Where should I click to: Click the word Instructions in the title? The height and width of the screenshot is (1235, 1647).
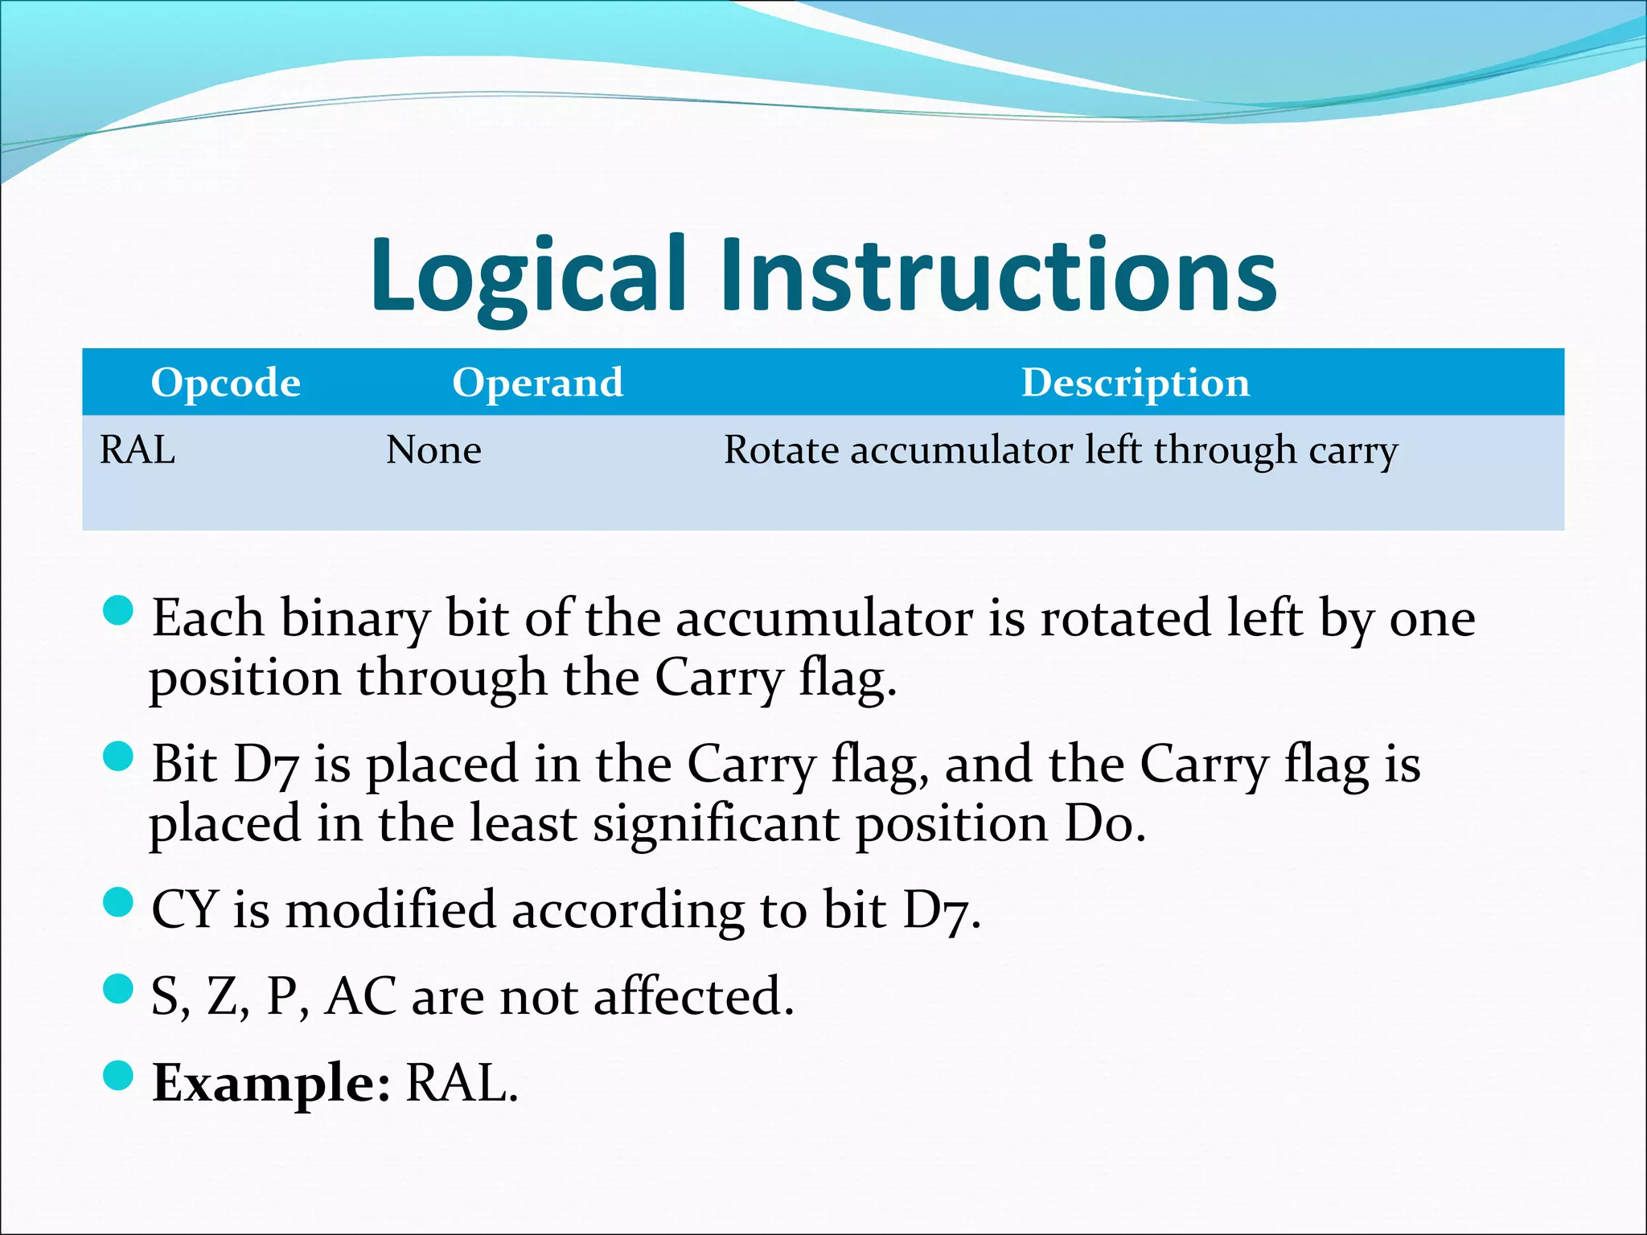pos(997,275)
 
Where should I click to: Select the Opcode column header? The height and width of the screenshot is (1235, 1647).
pos(225,383)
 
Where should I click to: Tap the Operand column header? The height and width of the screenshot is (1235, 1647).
pos(537,383)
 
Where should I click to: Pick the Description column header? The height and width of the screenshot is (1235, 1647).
pos(1136,383)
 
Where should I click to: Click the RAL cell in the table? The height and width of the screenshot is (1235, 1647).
pos(138,449)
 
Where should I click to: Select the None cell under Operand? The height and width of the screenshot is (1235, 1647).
pos(433,449)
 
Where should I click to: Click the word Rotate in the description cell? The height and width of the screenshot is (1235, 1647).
pos(781,449)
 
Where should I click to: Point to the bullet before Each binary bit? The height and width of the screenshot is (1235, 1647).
pos(118,610)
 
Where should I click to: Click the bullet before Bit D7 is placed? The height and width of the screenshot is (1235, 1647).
pos(118,757)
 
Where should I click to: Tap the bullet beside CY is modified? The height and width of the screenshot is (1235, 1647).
pos(118,902)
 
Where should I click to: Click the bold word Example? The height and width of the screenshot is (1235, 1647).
pos(271,1083)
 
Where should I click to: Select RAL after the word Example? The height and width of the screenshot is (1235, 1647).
pos(461,1083)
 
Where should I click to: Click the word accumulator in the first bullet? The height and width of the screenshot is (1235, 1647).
pos(823,619)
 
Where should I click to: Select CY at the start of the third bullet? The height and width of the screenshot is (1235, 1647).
pos(184,910)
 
